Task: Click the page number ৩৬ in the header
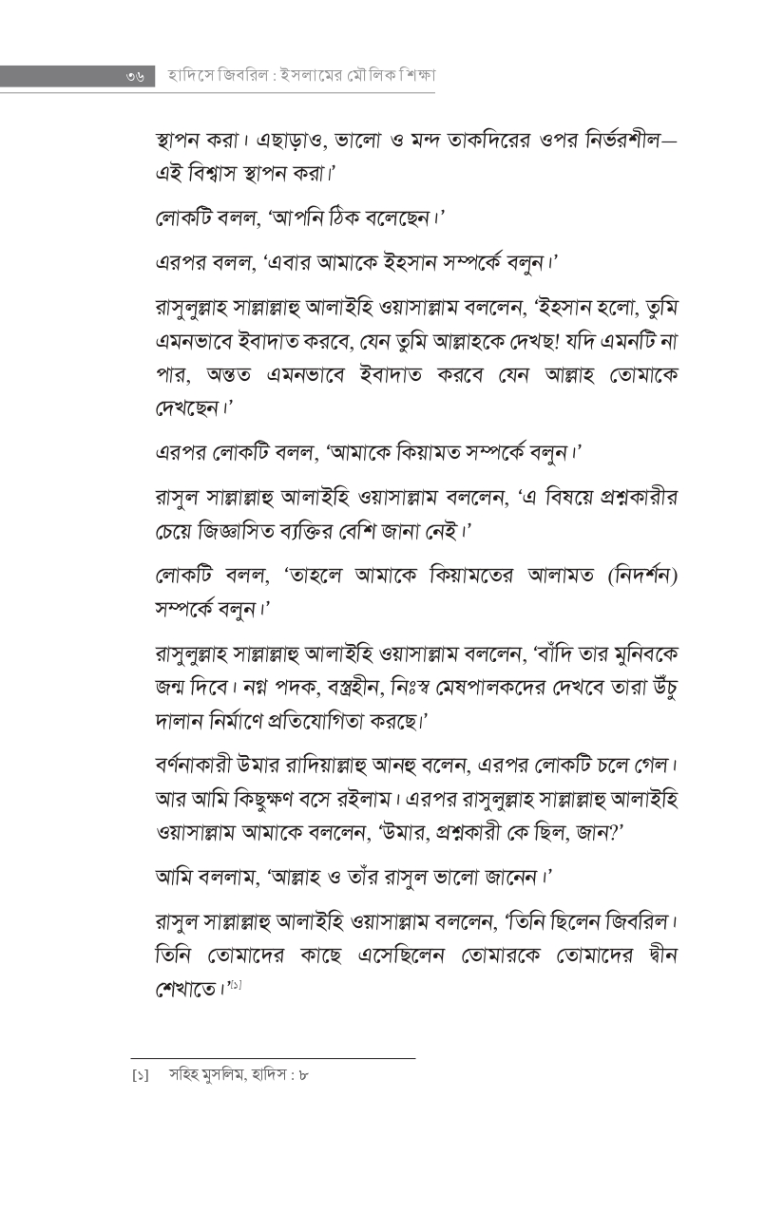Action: point(134,76)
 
